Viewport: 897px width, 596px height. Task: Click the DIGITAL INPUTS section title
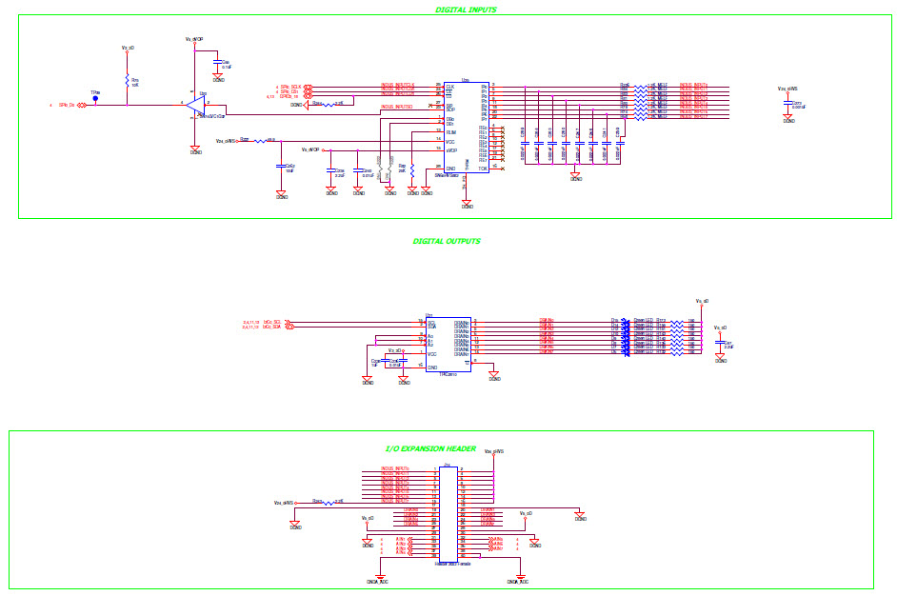pyautogui.click(x=466, y=10)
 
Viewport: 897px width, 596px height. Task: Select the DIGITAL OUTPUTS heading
pyautogui.click(x=447, y=242)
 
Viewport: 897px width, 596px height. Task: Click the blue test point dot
pyautogui.click(x=95, y=97)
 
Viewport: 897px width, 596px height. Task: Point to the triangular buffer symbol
pyautogui.click(x=197, y=103)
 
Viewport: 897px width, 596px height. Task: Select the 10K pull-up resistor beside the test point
pyautogui.click(x=127, y=81)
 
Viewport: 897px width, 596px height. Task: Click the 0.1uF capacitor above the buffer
pyautogui.click(x=218, y=65)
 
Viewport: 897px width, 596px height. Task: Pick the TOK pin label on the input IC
pyautogui.click(x=483, y=168)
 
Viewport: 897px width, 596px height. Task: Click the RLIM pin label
pyautogui.click(x=451, y=132)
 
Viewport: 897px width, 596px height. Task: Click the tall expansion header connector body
pyautogui.click(x=448, y=514)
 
